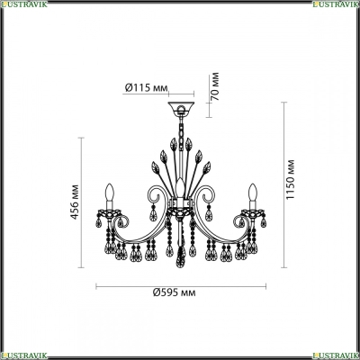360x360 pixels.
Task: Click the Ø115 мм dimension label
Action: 146,87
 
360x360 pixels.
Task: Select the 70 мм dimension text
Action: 215,86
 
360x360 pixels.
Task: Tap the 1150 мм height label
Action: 290,180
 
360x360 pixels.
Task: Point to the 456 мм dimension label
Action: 75,202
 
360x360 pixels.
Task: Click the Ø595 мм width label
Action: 175,292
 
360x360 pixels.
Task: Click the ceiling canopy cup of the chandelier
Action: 181,108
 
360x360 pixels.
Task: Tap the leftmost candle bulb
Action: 110,192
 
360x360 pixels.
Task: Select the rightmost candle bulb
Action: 254,192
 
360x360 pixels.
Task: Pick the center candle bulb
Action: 180,187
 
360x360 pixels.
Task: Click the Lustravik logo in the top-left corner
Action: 24,4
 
